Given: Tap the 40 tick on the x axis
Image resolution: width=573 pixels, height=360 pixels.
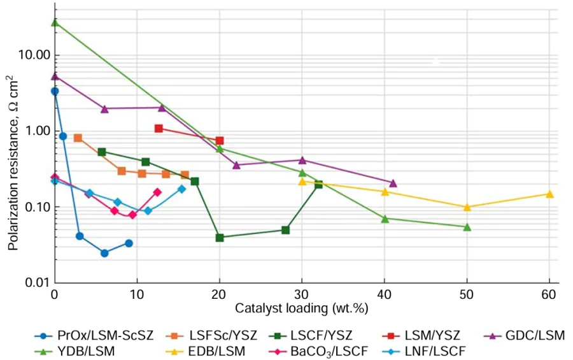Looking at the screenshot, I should [384, 296].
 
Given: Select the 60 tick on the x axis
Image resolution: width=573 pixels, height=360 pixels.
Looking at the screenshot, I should [549, 296].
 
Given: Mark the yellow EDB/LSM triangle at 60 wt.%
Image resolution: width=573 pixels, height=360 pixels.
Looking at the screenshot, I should [549, 194].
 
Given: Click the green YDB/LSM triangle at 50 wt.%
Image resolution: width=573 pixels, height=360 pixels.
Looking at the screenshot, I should [467, 227].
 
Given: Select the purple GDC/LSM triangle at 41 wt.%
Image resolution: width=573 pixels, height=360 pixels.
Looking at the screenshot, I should [393, 183].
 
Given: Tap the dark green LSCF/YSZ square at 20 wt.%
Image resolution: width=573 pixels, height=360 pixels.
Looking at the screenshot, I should [220, 238].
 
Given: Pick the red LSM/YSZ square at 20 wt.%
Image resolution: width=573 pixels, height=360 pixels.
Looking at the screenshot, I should [220, 141].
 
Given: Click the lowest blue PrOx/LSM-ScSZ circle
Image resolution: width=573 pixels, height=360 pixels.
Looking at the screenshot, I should [104, 253].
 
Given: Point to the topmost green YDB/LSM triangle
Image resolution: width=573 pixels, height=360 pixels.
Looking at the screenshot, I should [55, 22].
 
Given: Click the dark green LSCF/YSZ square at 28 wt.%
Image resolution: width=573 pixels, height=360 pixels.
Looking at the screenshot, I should [286, 230].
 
